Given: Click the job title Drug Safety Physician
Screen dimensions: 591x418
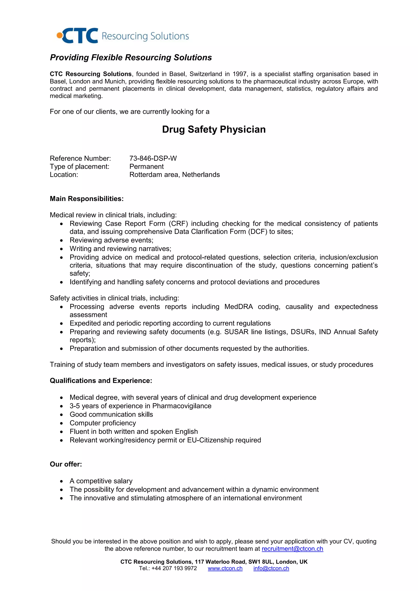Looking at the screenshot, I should [214, 129].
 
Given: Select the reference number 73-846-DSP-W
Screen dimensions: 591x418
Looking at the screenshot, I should [153, 158].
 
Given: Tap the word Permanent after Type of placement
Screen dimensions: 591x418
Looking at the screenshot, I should [147, 167].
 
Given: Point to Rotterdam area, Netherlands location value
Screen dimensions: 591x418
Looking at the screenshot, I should [175, 175].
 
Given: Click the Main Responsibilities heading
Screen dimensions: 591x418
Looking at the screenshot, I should [87, 199].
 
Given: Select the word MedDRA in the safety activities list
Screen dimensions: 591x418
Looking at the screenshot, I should [239, 307].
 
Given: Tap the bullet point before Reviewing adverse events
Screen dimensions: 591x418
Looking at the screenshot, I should [61, 241].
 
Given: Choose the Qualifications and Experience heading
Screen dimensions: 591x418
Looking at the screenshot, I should [101, 380].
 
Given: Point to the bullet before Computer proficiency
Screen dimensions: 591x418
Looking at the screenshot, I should [61, 423].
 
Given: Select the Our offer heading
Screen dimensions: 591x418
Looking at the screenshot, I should [66, 464].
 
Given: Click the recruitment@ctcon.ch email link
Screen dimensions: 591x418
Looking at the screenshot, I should [292, 549].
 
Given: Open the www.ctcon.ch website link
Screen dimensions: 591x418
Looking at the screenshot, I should [225, 568].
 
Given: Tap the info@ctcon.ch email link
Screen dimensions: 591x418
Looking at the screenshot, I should [271, 568].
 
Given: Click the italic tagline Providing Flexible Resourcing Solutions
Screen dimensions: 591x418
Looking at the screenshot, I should [131, 57].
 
